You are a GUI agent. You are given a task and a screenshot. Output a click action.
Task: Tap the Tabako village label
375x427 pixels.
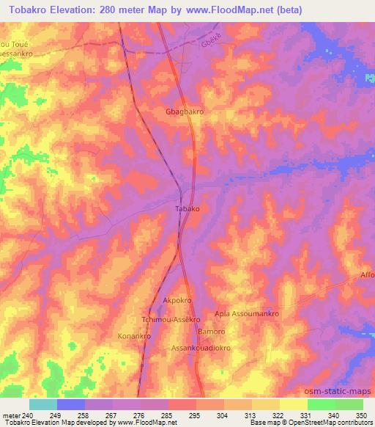187,208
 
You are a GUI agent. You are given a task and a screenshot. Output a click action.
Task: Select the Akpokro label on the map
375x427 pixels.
177,301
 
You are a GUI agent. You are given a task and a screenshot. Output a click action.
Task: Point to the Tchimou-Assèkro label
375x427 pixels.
171,321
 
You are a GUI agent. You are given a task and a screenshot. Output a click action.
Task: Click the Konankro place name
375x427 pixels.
134,336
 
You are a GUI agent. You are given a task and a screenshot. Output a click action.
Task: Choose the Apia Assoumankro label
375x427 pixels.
247,314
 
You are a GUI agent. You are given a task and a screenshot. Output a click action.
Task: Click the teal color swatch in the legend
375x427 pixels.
43,404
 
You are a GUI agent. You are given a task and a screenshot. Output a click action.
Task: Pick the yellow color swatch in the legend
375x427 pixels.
293,404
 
